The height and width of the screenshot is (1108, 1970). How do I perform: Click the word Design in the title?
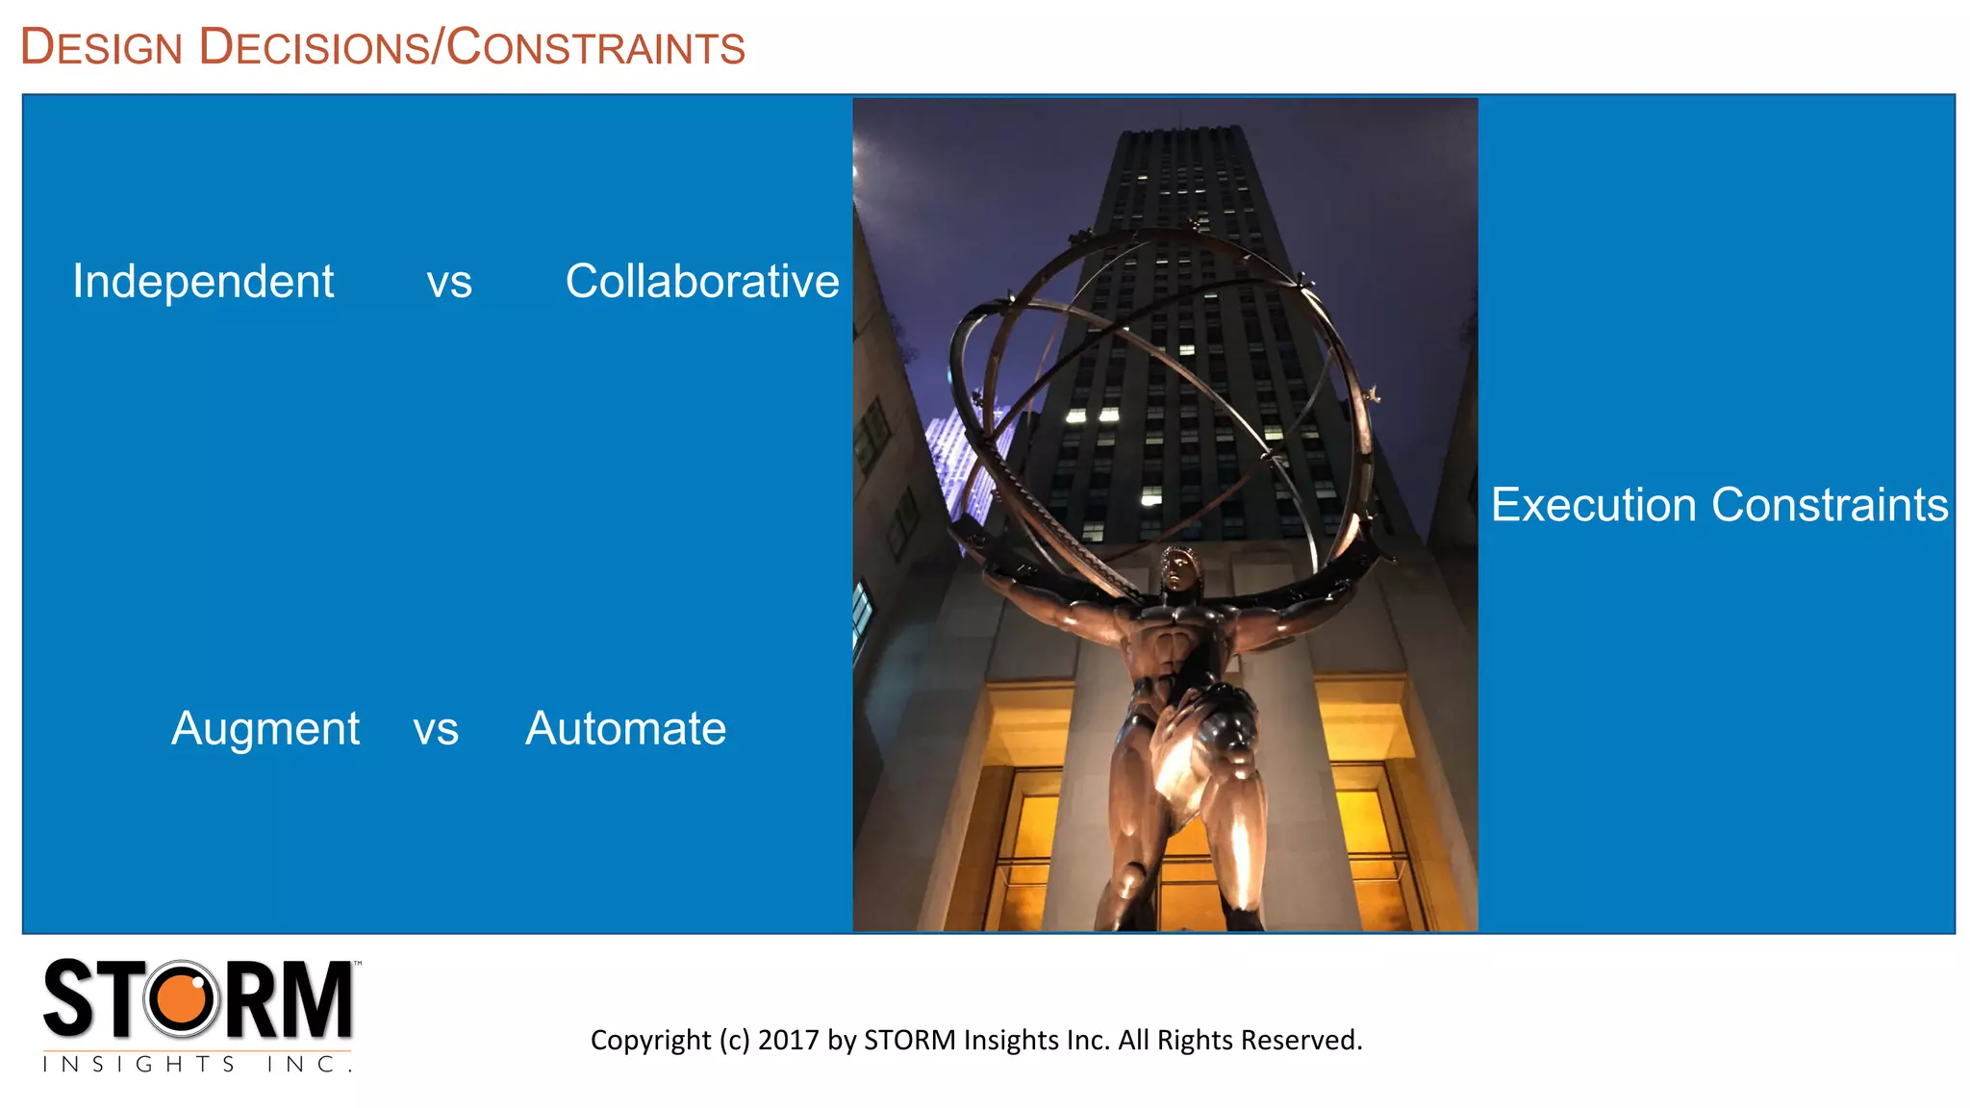point(102,47)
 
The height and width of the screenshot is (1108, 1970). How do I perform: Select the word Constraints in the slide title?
point(596,47)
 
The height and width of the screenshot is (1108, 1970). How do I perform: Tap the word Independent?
point(203,282)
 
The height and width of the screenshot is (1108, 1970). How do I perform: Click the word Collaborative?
point(702,282)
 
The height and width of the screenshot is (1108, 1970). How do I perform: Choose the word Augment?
point(265,729)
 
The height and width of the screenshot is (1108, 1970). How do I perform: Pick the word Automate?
point(625,729)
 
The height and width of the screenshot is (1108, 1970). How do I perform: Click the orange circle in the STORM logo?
point(181,999)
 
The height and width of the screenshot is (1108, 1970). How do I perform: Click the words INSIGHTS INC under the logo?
point(196,1064)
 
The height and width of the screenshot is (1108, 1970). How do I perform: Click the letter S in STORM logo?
point(69,999)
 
